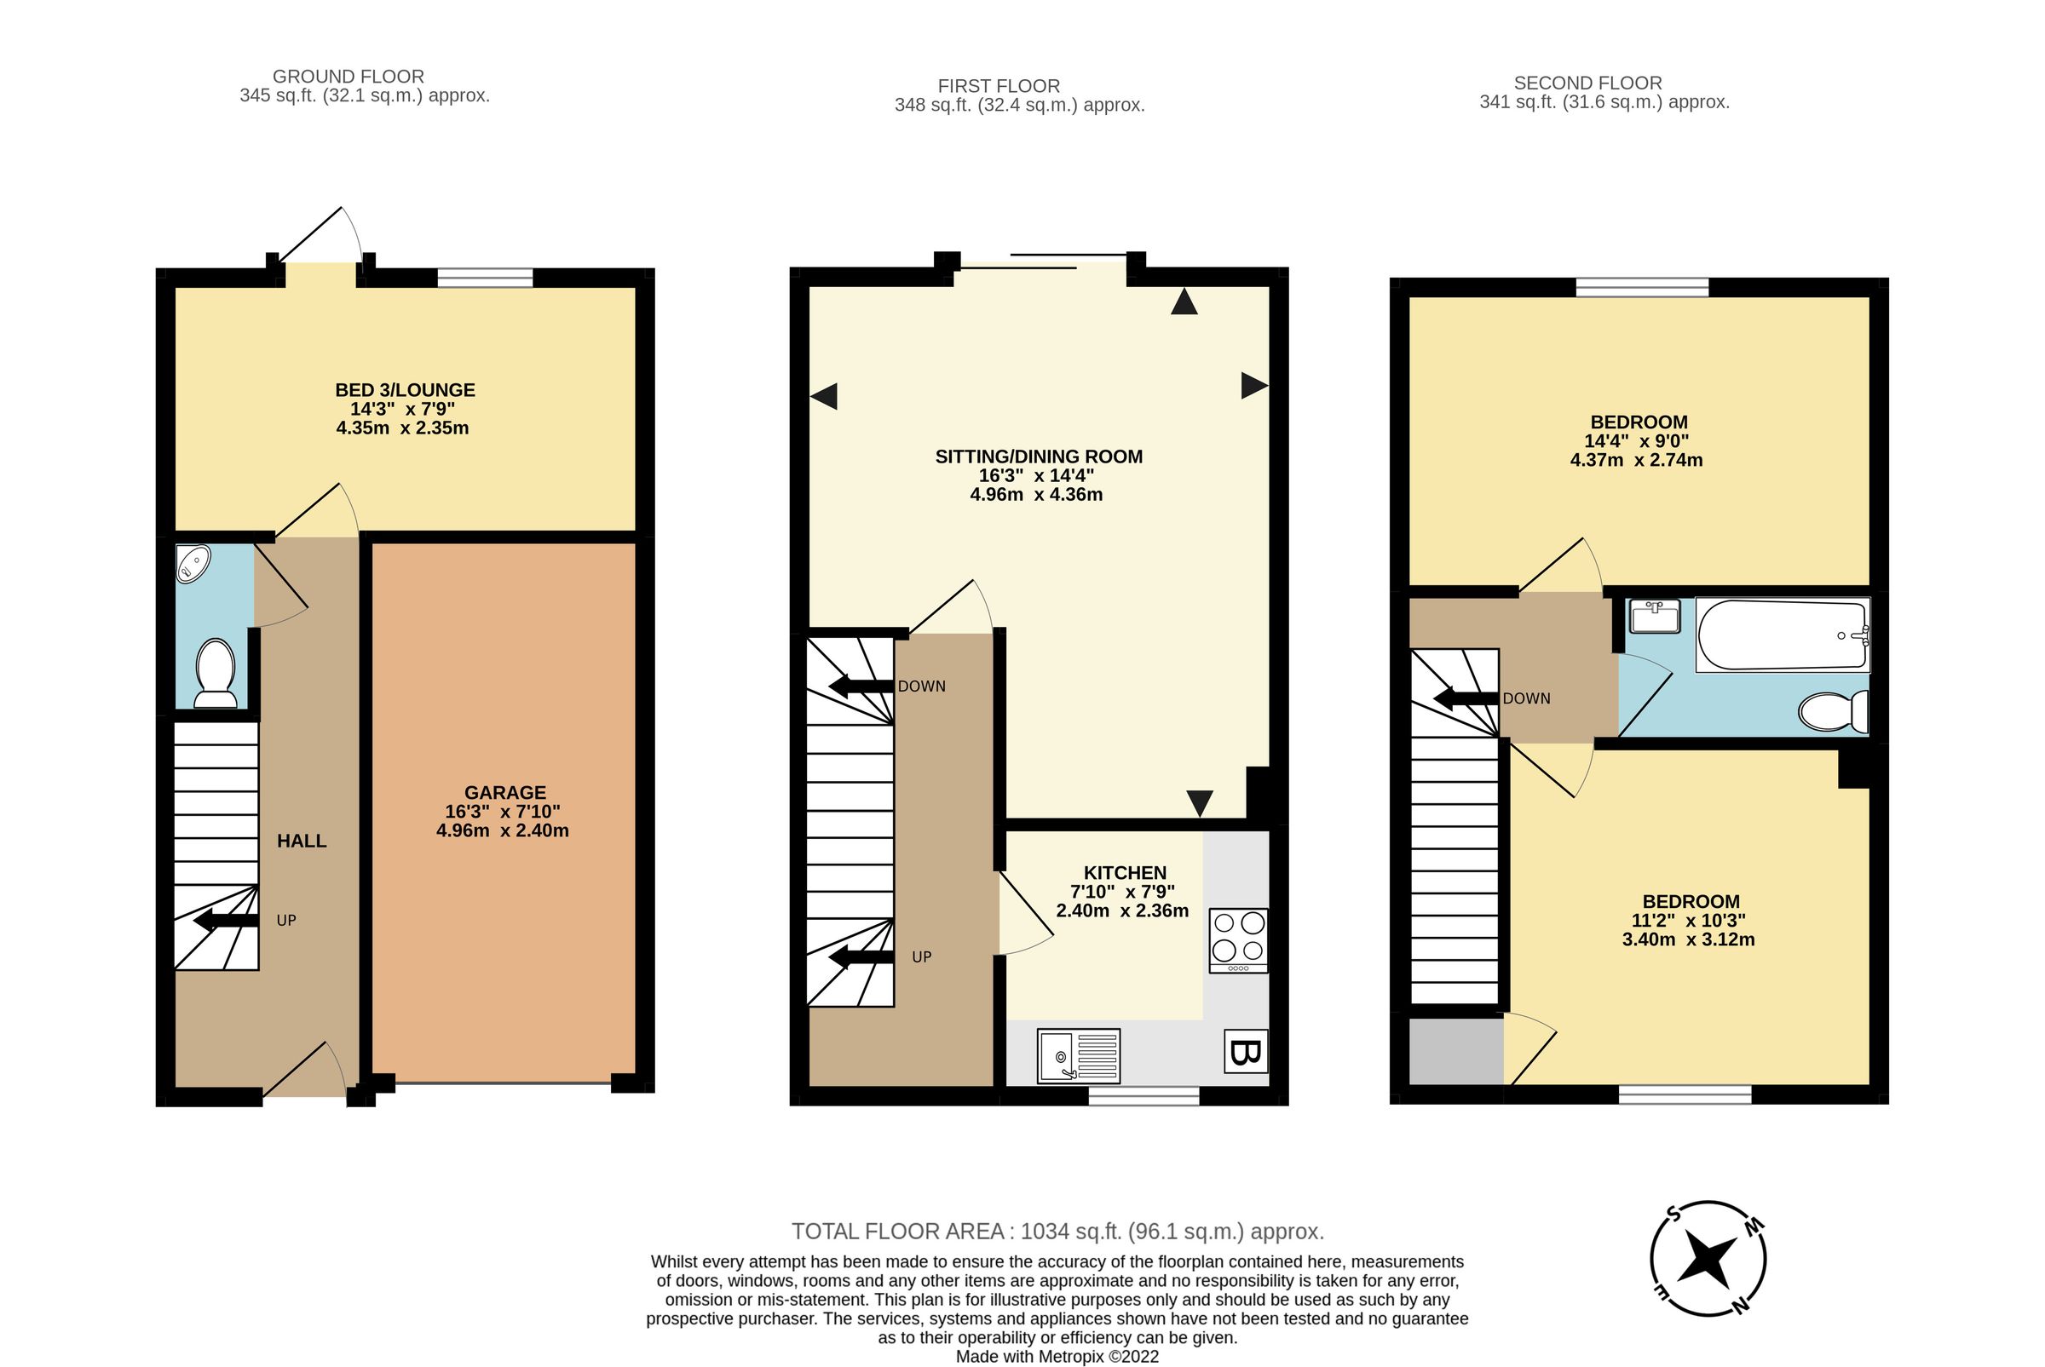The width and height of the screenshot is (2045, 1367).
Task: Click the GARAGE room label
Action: coord(505,792)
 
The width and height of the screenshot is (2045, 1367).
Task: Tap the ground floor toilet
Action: coord(215,673)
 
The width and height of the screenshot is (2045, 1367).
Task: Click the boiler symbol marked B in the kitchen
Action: coord(1244,1051)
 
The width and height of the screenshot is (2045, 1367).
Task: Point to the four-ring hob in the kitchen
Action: coord(1238,939)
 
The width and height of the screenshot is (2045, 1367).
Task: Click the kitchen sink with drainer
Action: coord(1078,1056)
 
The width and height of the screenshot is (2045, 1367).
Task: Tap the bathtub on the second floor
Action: coord(1781,635)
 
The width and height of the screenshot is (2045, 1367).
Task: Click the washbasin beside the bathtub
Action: coord(1654,617)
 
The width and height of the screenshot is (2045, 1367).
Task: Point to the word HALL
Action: coord(302,841)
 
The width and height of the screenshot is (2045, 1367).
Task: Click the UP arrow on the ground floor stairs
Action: coord(225,921)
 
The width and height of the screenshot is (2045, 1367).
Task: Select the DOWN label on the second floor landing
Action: coord(1526,698)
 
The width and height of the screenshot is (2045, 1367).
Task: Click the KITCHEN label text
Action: coord(1124,873)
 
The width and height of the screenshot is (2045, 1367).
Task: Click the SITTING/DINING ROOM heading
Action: coord(1039,457)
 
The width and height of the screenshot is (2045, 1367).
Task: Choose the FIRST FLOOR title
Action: coord(999,86)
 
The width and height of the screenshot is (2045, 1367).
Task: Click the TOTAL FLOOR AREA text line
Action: coord(1057,1231)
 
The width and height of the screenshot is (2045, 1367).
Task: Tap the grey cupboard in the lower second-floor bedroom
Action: coord(1455,1050)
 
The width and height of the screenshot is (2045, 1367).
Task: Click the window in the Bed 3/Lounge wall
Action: coord(485,279)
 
